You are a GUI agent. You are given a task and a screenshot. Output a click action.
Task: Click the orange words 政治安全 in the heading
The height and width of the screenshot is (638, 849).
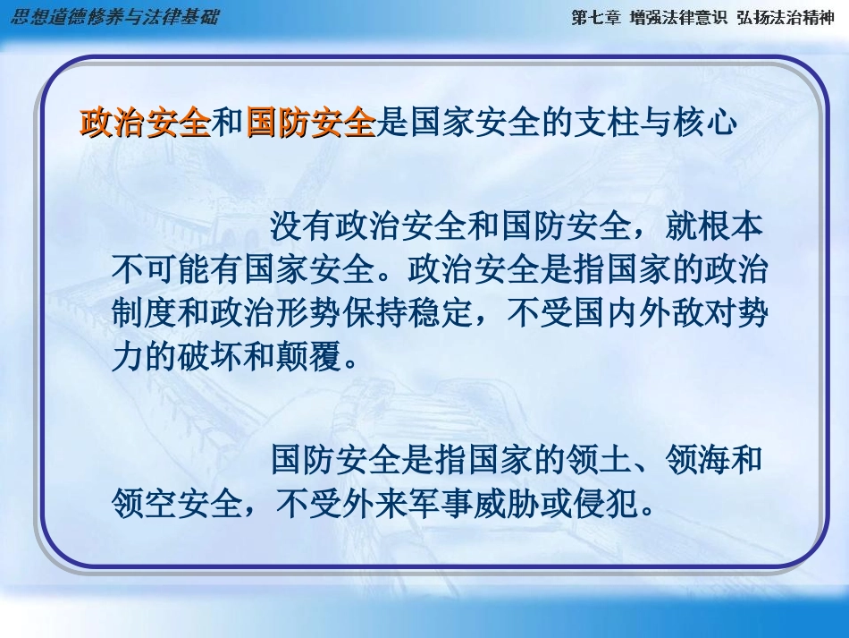145,123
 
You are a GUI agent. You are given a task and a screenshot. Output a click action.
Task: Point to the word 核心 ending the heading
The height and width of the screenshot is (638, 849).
711,123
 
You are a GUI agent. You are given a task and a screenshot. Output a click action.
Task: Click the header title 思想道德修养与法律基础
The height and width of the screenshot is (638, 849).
113,17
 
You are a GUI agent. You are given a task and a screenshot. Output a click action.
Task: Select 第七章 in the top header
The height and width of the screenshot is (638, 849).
595,18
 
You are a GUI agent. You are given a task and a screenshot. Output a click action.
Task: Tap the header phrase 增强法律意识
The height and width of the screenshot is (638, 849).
678,18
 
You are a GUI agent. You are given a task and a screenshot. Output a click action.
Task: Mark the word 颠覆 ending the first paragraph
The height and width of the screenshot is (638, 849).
309,353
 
